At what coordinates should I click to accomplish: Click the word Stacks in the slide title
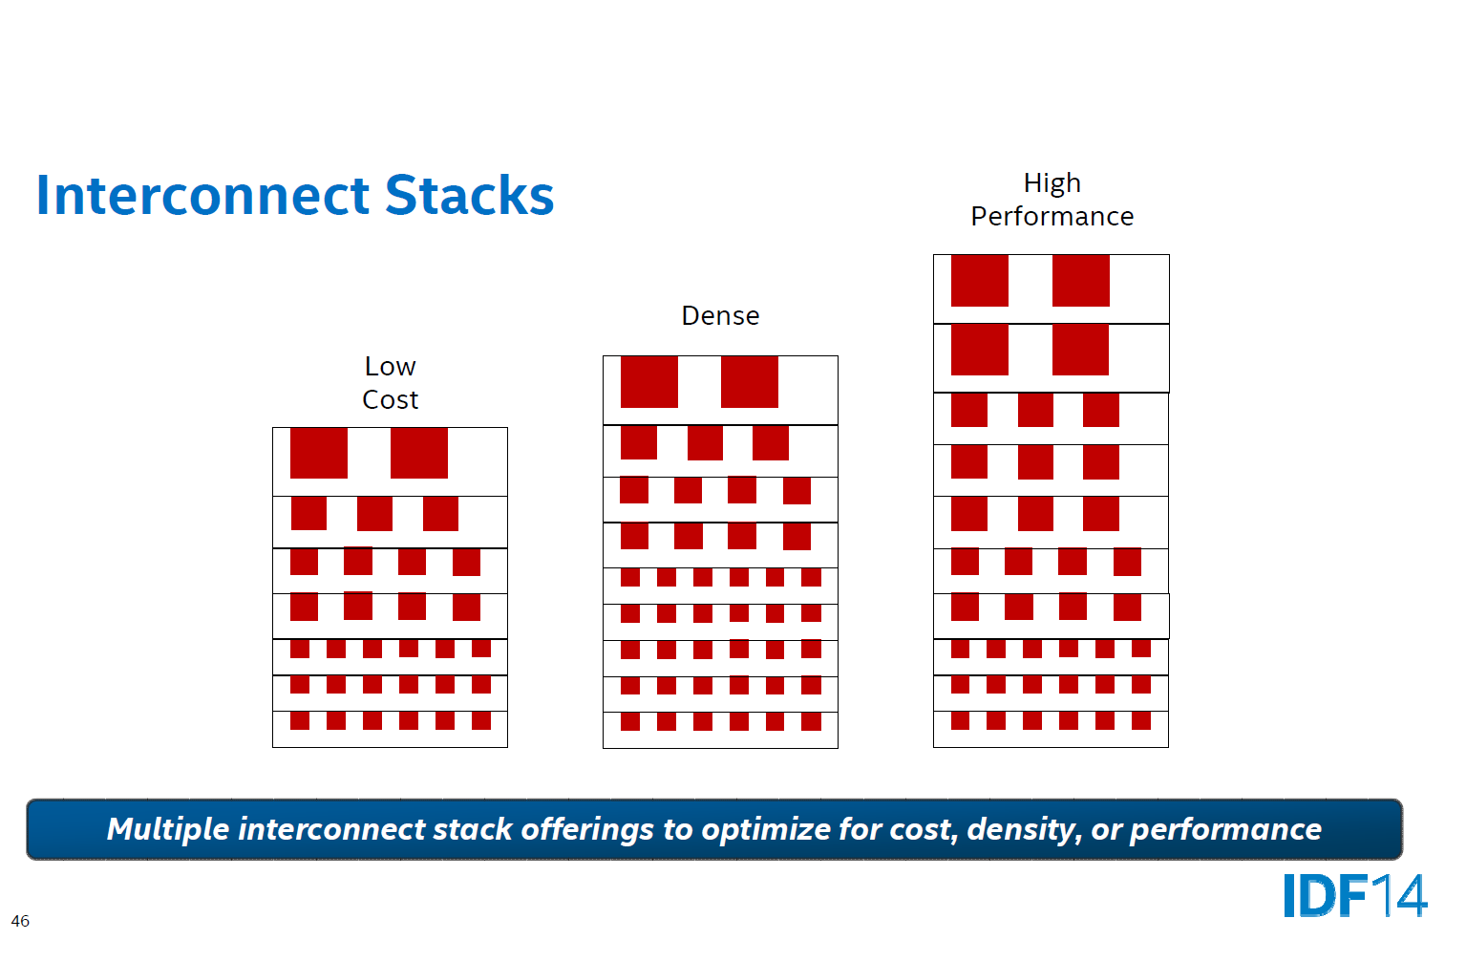469,196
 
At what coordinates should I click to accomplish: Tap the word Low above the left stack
390,367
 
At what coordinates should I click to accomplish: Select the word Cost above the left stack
390,400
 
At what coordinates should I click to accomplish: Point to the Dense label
720,316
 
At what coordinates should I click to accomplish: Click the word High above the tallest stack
1052,183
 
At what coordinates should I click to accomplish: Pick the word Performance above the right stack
1052,217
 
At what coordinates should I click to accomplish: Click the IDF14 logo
1354,896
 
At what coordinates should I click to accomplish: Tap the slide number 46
20,922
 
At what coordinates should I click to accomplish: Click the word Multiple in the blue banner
167,829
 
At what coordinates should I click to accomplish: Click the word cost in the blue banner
924,829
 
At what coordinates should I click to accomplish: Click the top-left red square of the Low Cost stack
319,453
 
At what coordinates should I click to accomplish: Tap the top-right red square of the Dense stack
750,381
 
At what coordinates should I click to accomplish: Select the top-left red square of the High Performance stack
980,281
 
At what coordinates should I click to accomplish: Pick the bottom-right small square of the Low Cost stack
481,720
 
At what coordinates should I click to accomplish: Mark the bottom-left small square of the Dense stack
630,721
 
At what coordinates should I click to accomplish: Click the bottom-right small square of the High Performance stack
1141,720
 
